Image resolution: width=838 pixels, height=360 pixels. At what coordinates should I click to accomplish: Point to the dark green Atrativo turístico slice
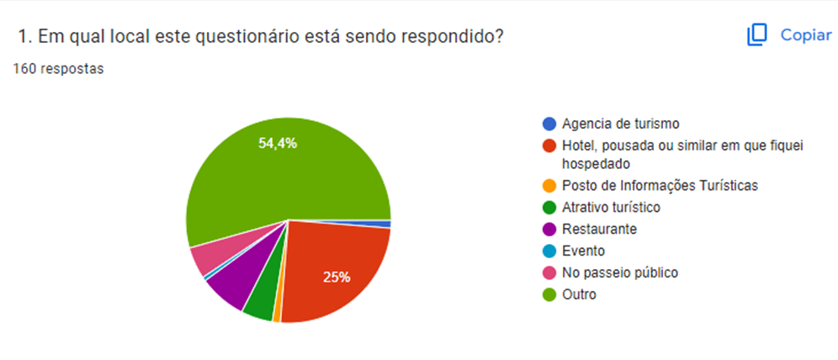(258, 301)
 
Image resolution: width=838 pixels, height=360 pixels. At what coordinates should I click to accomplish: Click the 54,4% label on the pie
(278, 143)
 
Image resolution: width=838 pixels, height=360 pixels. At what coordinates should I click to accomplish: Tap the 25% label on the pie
(337, 277)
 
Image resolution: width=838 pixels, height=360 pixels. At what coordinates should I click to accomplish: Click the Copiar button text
(806, 35)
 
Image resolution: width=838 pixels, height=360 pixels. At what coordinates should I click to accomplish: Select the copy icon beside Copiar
(757, 35)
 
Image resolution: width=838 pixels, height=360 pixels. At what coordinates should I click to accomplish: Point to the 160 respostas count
(58, 69)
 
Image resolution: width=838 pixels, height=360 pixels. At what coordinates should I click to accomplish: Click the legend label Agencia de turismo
(621, 124)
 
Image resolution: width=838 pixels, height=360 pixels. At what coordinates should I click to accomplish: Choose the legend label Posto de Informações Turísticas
(659, 185)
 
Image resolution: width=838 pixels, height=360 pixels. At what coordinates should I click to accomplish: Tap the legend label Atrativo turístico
(612, 207)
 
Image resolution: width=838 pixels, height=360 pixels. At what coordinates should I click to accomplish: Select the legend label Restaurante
(599, 229)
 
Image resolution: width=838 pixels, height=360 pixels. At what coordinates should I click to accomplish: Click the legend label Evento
(583, 251)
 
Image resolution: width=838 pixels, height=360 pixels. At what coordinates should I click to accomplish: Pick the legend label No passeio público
(620, 273)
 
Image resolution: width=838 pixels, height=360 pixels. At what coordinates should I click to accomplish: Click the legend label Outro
(579, 294)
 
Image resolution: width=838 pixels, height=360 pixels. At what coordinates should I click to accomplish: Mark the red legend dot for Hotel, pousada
(549, 146)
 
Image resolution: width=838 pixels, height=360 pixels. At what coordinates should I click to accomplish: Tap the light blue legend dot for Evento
(549, 251)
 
